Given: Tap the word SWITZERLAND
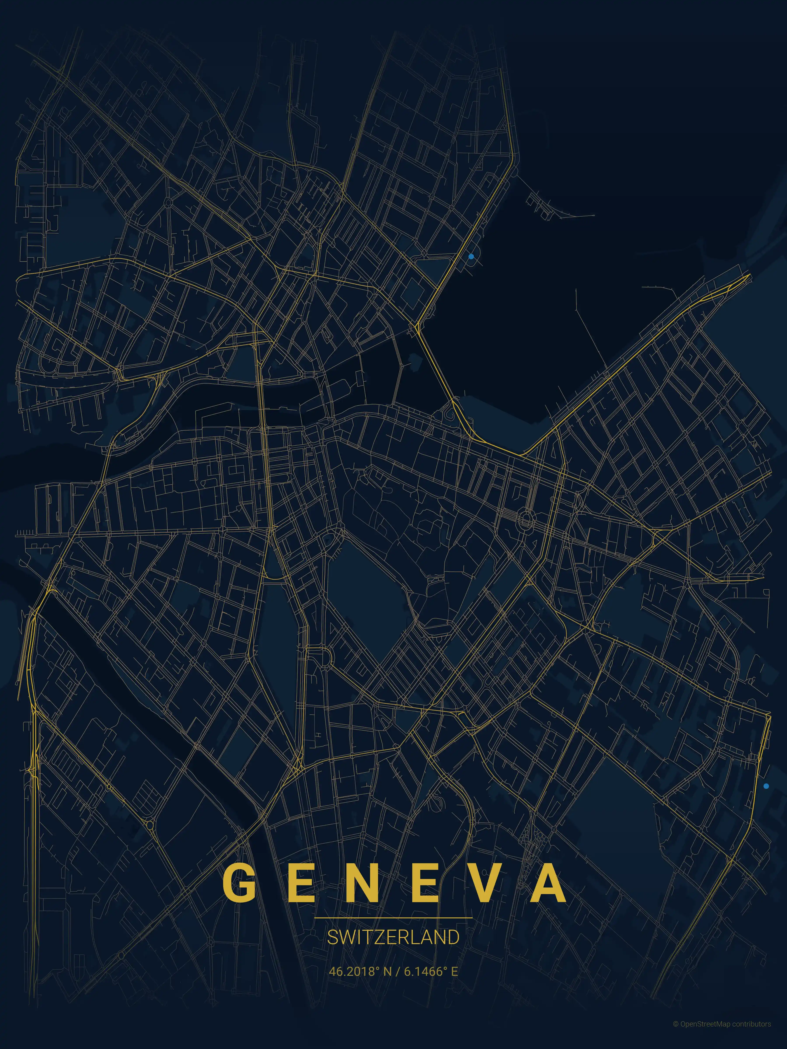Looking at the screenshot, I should coord(393,938).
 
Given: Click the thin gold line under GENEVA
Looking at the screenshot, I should coord(393,918).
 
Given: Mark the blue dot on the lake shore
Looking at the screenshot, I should coord(471,257).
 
